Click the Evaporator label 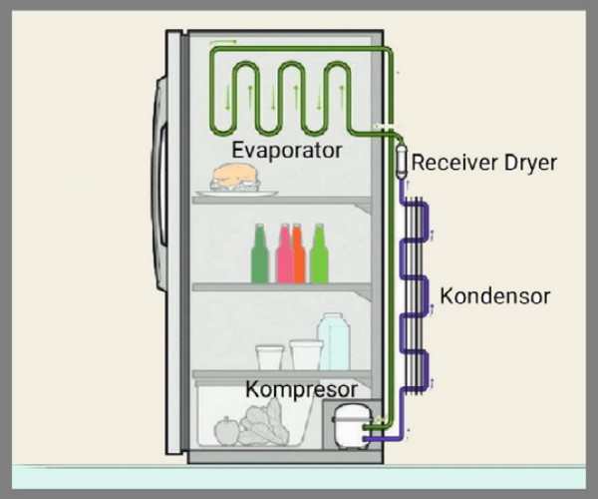[287, 150]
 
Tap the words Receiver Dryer [483, 163]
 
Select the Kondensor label [495, 296]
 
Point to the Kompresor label [302, 386]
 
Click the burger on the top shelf [236, 178]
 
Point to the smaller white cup [270, 357]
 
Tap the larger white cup [305, 354]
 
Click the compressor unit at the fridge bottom [351, 424]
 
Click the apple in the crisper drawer [227, 430]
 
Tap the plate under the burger [237, 192]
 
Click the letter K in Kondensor [447, 296]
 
